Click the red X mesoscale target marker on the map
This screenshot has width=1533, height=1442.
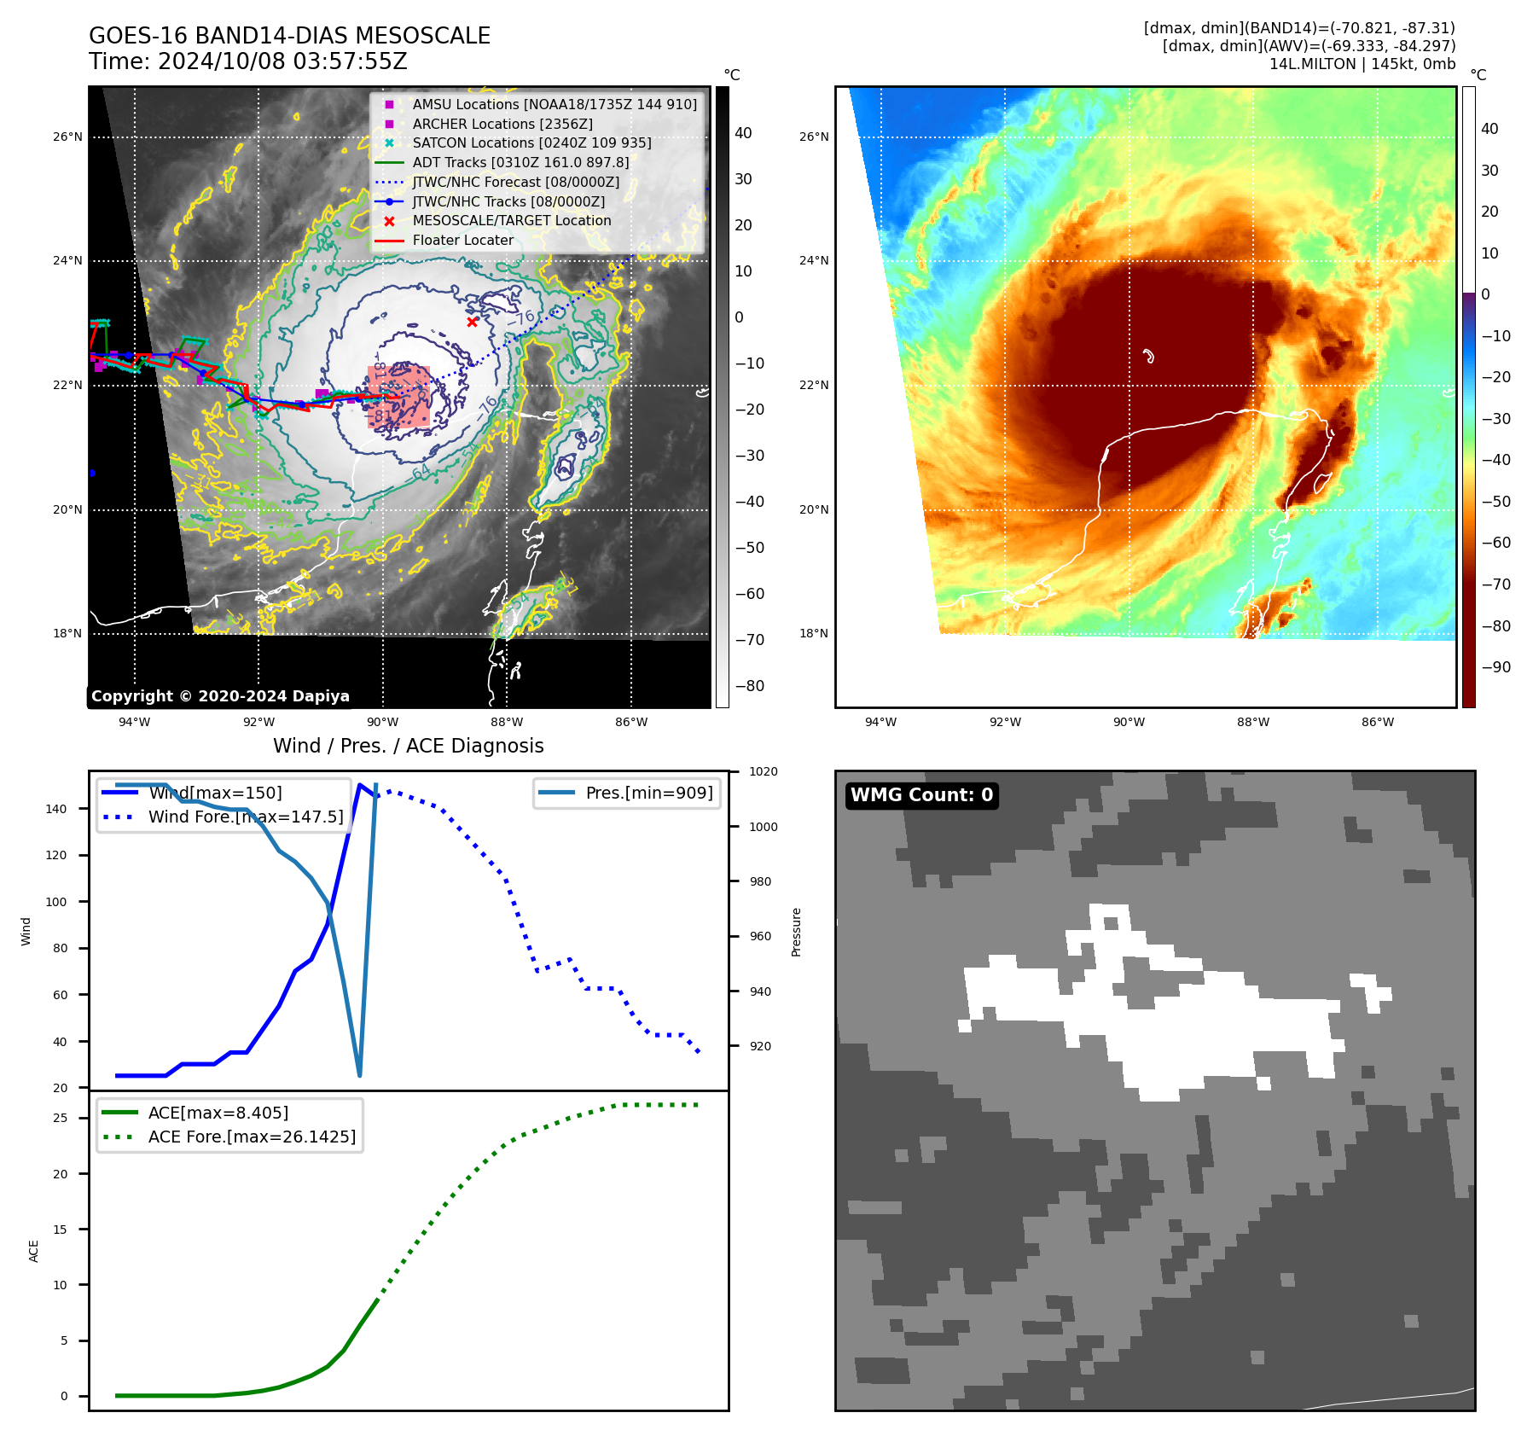pyautogui.click(x=472, y=322)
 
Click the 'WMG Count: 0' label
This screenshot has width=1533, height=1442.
pyautogui.click(x=921, y=795)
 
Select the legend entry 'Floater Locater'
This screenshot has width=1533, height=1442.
pyautogui.click(x=462, y=241)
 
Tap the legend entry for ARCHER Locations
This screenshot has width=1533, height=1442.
pyautogui.click(x=502, y=124)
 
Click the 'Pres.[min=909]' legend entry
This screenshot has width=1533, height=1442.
pyautogui.click(x=648, y=793)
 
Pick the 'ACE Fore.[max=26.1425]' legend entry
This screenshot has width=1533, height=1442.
pyautogui.click(x=252, y=1137)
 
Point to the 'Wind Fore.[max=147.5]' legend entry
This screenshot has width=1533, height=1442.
pyautogui.click(x=246, y=817)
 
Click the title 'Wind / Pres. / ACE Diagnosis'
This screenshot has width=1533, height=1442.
pyautogui.click(x=408, y=746)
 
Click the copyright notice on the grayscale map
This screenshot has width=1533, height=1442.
pyautogui.click(x=220, y=696)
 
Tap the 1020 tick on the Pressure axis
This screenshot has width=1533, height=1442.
pyautogui.click(x=763, y=771)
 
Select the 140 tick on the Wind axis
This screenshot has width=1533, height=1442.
pyautogui.click(x=56, y=809)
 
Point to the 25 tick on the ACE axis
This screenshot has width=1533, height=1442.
pyautogui.click(x=61, y=1118)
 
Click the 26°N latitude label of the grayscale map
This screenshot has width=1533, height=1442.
pyautogui.click(x=67, y=137)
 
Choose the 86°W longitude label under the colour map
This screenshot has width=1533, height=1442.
pyautogui.click(x=1377, y=722)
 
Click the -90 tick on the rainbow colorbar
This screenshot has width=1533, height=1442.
pyautogui.click(x=1495, y=667)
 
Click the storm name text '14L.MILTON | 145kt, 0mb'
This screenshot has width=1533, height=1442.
pyautogui.click(x=1362, y=64)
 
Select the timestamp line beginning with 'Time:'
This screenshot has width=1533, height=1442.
pyautogui.click(x=247, y=61)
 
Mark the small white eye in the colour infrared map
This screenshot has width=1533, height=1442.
pyautogui.click(x=1148, y=356)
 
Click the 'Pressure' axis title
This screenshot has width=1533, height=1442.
pyautogui.click(x=796, y=932)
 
